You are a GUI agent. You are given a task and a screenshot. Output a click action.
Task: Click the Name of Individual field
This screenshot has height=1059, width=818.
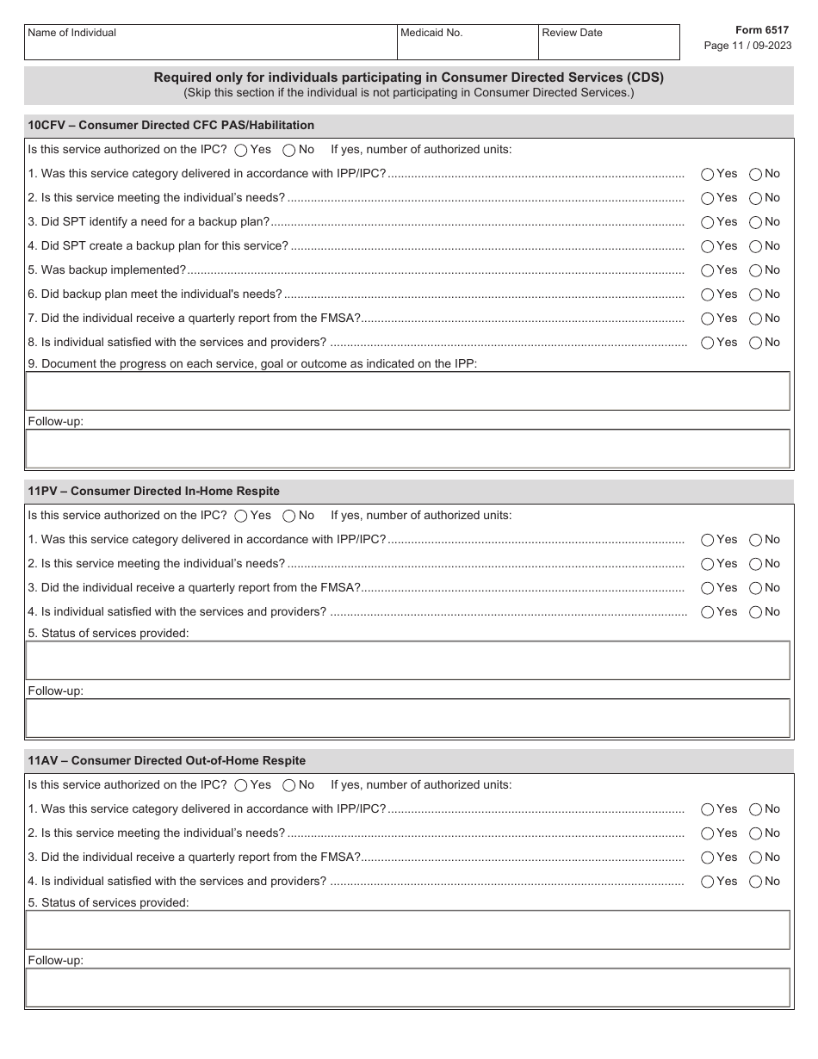click(209, 46)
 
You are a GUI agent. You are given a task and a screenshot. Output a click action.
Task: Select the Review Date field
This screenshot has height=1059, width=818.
click(608, 46)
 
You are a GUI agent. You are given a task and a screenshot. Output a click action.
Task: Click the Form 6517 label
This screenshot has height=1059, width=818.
click(761, 29)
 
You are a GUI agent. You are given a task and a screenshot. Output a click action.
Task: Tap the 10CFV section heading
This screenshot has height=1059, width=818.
click(171, 125)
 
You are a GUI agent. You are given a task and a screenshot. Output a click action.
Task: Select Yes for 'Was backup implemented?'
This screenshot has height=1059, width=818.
click(708, 270)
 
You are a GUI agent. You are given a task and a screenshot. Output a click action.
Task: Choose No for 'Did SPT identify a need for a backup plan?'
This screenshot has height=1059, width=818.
click(756, 222)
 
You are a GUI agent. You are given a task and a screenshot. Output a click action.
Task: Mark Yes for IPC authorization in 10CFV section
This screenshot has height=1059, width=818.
click(241, 151)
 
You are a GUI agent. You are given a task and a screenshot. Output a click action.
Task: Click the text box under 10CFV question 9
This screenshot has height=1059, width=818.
click(408, 391)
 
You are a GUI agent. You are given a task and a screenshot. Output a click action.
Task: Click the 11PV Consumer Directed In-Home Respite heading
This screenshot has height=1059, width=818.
click(154, 491)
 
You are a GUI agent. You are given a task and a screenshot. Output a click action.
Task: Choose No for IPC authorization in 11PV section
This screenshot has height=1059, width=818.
click(289, 517)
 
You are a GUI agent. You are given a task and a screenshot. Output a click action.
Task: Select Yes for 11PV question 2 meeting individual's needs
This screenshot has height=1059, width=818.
click(708, 564)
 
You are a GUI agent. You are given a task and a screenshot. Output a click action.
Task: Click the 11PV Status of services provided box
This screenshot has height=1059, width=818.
click(408, 660)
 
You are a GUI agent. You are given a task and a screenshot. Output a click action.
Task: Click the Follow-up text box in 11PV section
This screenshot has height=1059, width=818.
click(408, 718)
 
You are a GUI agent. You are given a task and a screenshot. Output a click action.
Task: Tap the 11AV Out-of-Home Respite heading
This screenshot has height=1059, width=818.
click(167, 760)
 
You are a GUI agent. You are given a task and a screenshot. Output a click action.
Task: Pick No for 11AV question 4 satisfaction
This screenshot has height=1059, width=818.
click(756, 882)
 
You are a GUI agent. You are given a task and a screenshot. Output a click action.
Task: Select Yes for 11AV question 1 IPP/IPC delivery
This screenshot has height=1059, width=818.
click(708, 809)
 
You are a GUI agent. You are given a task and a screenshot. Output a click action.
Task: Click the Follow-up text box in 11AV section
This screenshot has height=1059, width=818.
click(408, 988)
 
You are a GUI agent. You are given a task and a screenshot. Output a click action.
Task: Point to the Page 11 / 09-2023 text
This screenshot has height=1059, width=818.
click(747, 46)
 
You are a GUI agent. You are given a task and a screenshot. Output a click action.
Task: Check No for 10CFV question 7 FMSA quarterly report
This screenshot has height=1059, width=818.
click(756, 319)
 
